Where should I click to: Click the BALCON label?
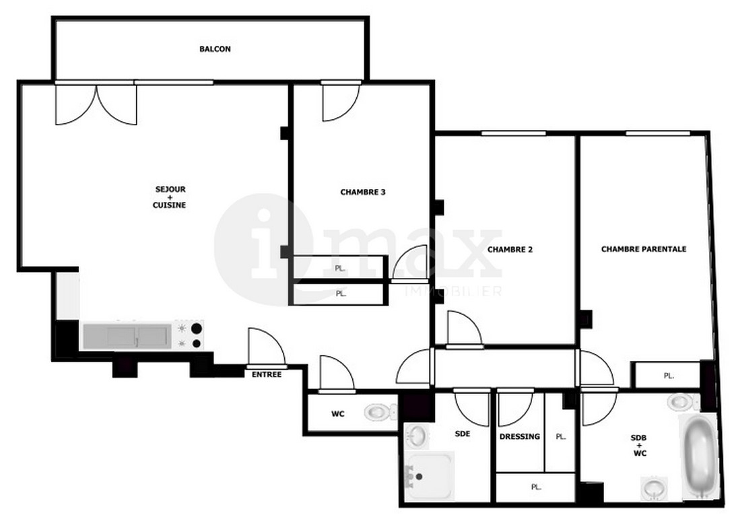[215, 48]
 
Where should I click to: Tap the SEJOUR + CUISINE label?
[170, 197]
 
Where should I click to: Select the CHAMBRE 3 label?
[363, 192]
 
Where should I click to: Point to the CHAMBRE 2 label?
[510, 250]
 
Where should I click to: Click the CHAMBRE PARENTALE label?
[644, 249]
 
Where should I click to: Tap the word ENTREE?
[267, 374]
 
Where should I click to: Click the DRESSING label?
[520, 436]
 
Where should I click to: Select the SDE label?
[463, 434]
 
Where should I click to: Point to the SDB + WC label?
[639, 445]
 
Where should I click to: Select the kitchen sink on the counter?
[127, 336]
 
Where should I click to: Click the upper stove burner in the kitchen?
[197, 329]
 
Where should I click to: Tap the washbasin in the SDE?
[416, 436]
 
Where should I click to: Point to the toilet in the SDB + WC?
[683, 401]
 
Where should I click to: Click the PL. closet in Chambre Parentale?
[669, 376]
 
